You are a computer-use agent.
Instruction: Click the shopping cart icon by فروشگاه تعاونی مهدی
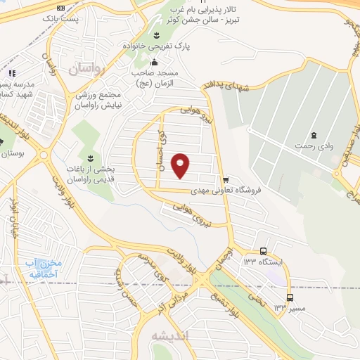pos(225,180)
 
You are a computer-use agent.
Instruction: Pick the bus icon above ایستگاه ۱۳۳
pos(263,251)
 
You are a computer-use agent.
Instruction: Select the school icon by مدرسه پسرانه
pos(11,74)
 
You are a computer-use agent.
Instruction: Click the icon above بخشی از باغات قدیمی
pos(90,155)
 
